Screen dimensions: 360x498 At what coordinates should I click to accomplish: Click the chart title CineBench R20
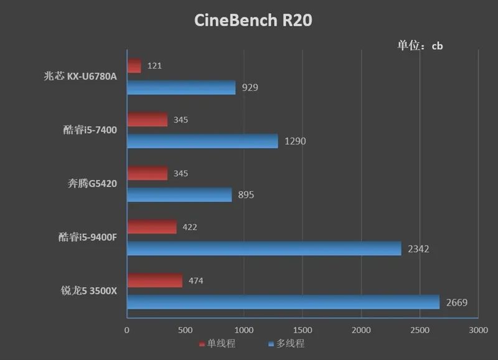253,21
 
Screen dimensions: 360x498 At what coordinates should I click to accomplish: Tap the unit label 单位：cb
420,45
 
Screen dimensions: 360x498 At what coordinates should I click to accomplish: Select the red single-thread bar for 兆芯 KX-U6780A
134,66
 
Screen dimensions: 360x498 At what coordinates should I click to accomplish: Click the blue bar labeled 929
181,87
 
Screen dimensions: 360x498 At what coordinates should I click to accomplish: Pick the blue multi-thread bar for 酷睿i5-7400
202,141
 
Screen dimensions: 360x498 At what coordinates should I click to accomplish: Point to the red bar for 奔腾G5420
147,173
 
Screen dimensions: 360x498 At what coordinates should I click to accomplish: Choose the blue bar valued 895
179,195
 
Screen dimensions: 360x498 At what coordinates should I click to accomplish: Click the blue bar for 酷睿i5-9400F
264,249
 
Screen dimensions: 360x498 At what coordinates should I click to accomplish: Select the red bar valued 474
154,281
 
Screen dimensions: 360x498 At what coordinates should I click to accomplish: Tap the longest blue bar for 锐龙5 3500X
283,303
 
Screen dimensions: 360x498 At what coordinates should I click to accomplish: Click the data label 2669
457,303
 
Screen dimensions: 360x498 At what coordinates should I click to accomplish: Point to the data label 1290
295,141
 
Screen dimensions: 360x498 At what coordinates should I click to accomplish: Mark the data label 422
190,227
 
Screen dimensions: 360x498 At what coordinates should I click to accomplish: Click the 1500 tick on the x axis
303,329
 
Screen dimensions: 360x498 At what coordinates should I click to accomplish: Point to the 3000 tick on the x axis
477,329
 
